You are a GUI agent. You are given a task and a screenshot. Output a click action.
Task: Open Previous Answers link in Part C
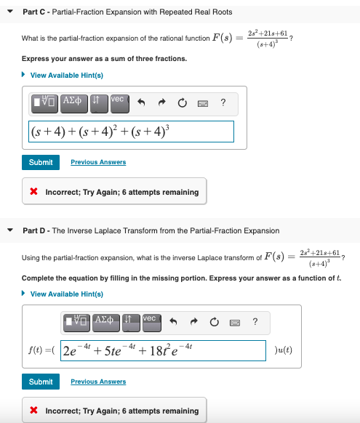pos(98,162)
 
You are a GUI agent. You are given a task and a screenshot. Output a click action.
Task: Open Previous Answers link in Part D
pos(98,382)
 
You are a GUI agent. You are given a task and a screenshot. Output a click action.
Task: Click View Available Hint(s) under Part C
pos(65,75)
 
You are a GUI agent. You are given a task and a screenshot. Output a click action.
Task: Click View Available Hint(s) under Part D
pos(65,294)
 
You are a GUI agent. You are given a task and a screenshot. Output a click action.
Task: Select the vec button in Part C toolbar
pos(119,102)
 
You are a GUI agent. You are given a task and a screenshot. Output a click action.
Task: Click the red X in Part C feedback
pos(34,193)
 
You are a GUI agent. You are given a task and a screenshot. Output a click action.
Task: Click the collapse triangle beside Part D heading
pos(11,230)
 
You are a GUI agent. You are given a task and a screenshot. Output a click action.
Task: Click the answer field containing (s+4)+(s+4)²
pos(130,132)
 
